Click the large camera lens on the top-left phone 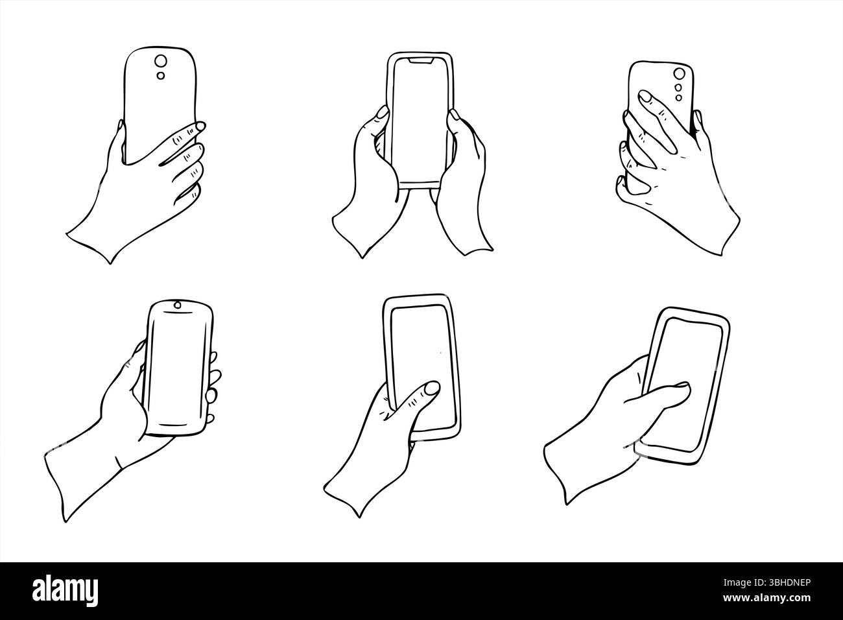(159, 62)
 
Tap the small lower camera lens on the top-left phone (160, 77)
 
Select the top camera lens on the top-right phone (680, 74)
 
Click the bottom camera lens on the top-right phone (678, 98)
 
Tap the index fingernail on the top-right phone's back (646, 97)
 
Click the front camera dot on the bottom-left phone (177, 305)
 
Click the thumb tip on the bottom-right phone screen (683, 388)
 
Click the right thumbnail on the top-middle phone (456, 115)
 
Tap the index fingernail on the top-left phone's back (200, 125)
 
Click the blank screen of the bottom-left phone (178, 366)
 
